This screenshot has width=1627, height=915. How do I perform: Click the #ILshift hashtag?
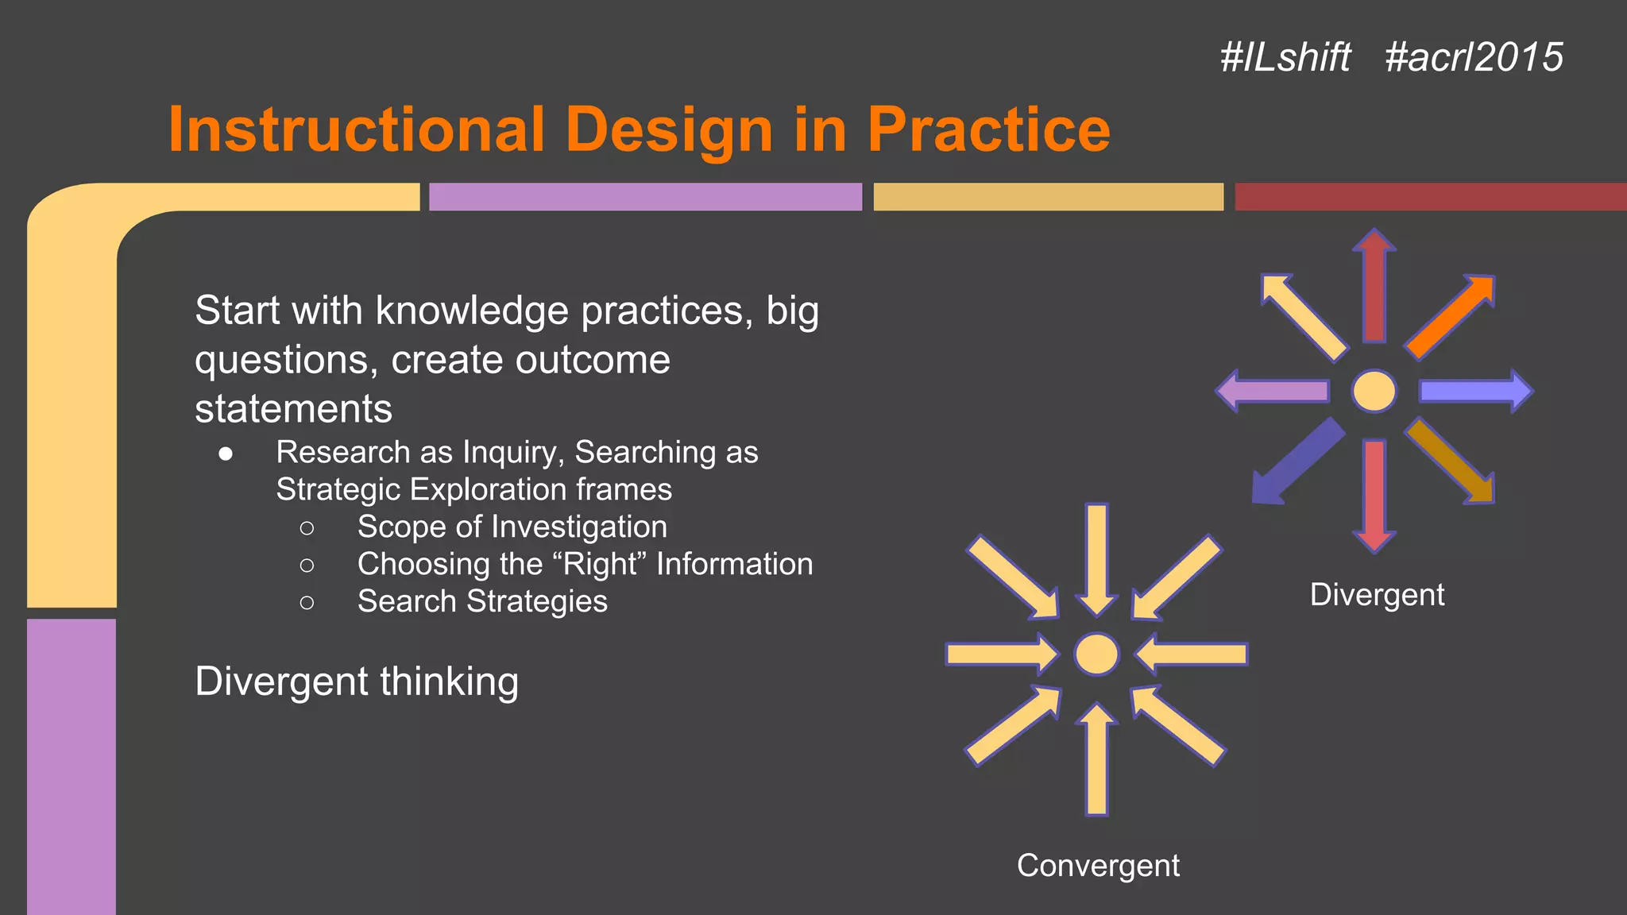tap(1285, 58)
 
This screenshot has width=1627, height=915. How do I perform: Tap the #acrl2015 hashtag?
tap(1474, 58)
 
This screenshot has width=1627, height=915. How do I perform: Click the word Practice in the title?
tap(988, 129)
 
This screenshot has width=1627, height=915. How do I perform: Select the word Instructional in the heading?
tap(357, 129)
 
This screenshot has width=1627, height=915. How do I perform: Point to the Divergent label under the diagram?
tap(1377, 595)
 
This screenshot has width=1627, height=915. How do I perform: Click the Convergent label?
tap(1098, 866)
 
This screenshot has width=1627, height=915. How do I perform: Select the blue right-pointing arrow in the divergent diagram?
tap(1474, 391)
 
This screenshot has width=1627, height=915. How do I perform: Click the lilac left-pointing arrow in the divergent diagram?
tap(1274, 391)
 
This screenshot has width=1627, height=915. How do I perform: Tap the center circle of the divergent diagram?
tap(1374, 391)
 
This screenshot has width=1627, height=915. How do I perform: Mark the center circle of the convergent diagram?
tap(1096, 654)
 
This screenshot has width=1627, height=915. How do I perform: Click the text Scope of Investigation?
tap(512, 527)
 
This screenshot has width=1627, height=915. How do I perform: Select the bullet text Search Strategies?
tap(482, 601)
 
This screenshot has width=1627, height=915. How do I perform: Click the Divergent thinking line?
tap(357, 681)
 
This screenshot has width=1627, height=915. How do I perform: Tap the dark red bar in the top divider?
tap(1430, 197)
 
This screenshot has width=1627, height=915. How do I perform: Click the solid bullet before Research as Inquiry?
tap(226, 454)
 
